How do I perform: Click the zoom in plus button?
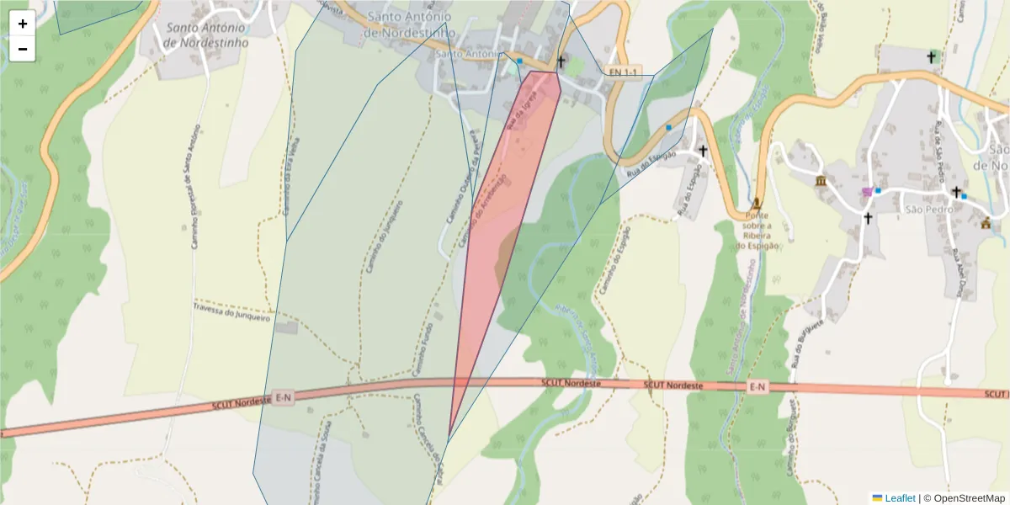23,24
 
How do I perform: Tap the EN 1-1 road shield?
625,72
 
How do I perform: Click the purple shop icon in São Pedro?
867,193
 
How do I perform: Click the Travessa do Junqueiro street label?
232,312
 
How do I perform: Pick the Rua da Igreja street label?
524,110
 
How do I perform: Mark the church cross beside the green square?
561,61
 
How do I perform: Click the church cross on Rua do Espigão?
703,151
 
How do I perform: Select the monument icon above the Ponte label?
756,203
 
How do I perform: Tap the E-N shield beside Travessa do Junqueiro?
284,397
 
